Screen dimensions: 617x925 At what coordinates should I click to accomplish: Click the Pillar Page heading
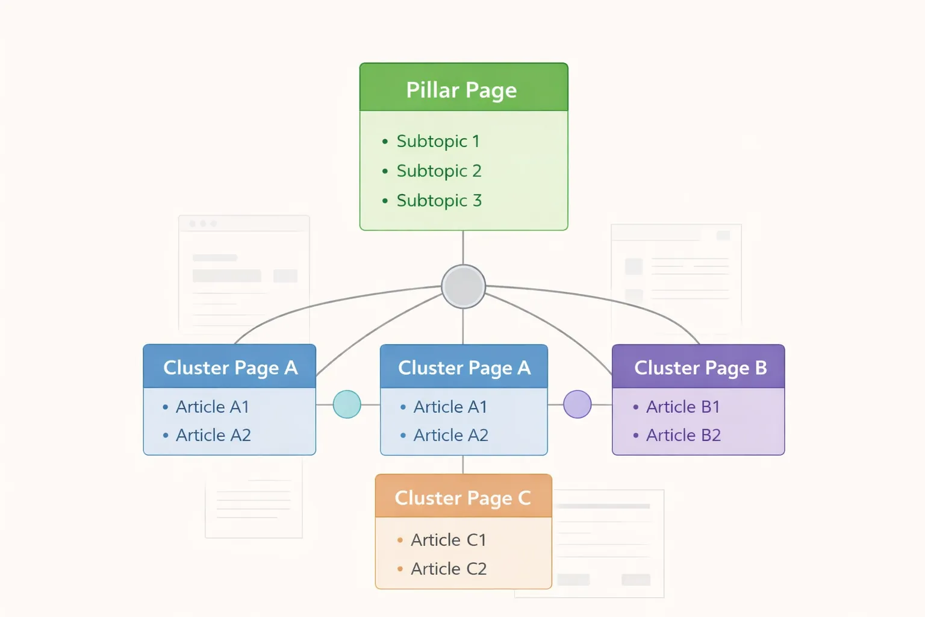click(x=461, y=90)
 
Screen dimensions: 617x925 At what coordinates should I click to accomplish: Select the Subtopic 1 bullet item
click(x=438, y=141)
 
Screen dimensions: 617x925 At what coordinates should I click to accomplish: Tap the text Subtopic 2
click(x=439, y=171)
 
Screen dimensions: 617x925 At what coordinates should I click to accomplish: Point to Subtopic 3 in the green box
click(x=439, y=200)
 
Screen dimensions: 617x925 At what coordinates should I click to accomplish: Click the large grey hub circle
click(x=463, y=287)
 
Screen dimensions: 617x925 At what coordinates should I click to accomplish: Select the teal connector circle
click(x=347, y=404)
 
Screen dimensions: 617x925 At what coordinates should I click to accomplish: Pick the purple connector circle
click(x=577, y=404)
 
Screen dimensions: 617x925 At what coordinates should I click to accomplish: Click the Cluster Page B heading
click(x=700, y=368)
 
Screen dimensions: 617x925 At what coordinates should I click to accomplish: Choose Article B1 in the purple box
click(x=683, y=407)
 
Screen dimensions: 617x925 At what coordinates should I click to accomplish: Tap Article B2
click(x=683, y=435)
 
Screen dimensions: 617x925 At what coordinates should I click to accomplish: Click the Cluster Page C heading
click(x=462, y=498)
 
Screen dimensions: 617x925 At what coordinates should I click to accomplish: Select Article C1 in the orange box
click(x=448, y=540)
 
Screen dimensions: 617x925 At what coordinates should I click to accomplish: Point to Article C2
click(x=448, y=568)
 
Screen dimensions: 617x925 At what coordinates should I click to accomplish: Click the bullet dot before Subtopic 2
click(x=385, y=171)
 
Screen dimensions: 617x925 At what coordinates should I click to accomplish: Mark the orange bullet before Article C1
click(x=400, y=540)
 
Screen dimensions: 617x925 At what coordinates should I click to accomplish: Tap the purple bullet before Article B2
click(x=635, y=436)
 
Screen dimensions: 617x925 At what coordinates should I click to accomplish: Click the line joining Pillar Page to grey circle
click(x=463, y=247)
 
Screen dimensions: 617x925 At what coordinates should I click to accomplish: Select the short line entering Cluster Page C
click(x=463, y=465)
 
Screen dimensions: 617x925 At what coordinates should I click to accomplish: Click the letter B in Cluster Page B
click(x=761, y=368)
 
